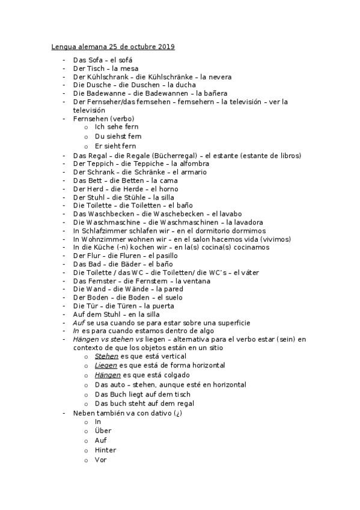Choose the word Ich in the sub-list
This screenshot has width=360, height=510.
pyautogui.click(x=100, y=127)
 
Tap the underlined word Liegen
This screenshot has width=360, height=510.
pyautogui.click(x=106, y=365)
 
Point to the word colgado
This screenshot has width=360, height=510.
pyautogui.click(x=178, y=375)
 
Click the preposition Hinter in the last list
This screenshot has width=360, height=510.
pyautogui.click(x=105, y=450)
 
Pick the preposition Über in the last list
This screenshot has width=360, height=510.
pyautogui.click(x=103, y=431)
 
